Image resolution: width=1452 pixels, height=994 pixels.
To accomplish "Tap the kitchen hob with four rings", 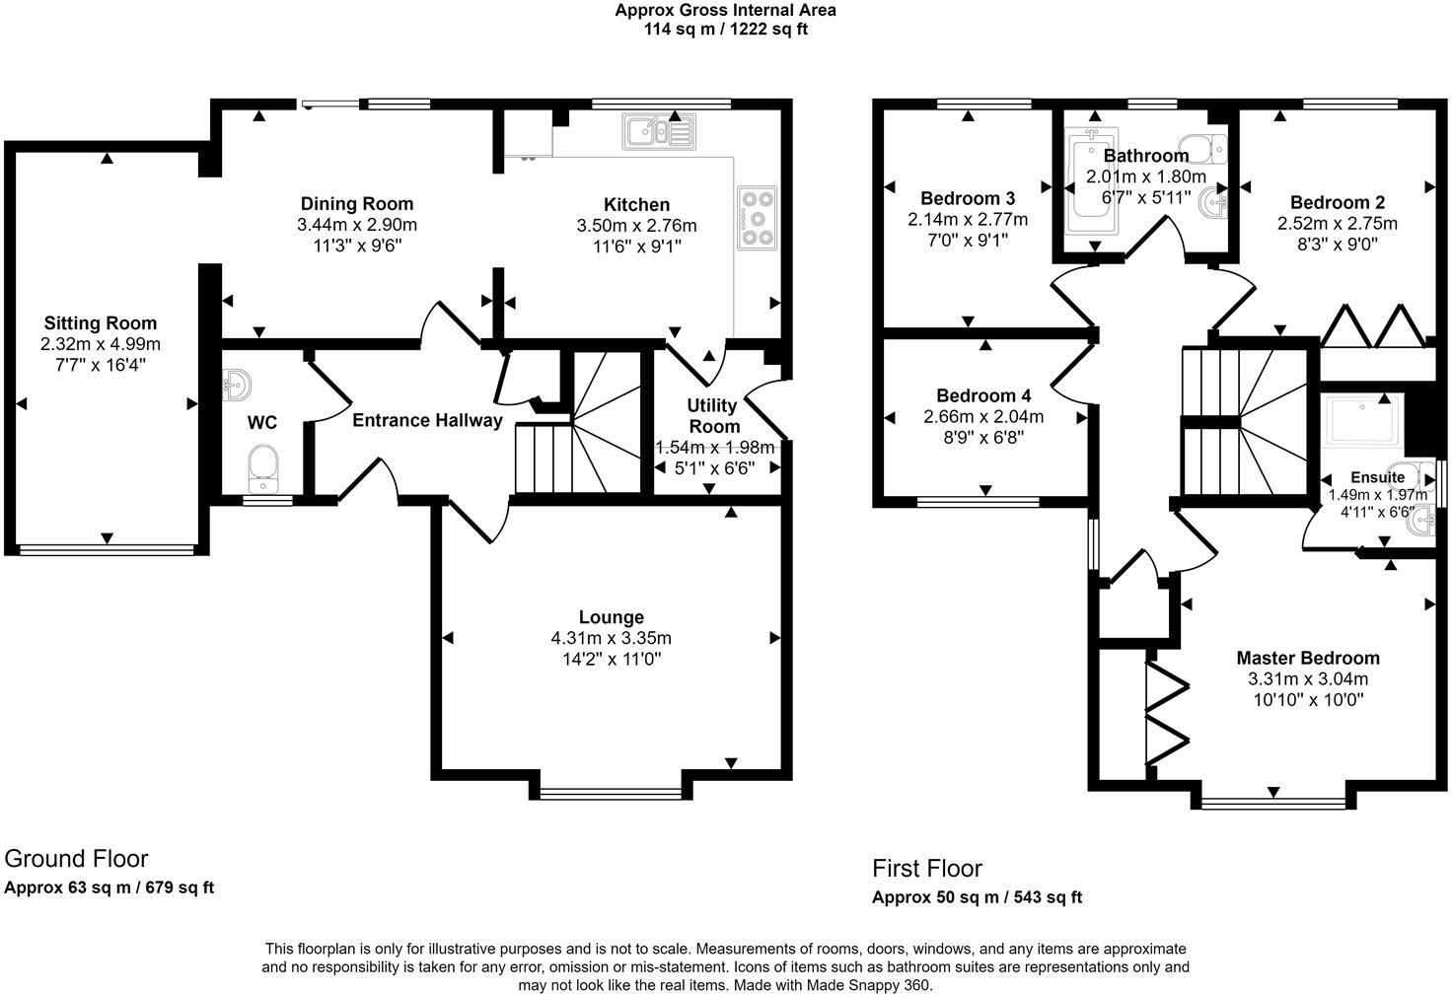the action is [x=757, y=217].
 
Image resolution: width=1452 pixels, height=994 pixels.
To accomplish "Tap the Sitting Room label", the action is [x=100, y=323].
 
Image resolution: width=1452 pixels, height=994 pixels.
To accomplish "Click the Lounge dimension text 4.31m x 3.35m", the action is [x=612, y=638].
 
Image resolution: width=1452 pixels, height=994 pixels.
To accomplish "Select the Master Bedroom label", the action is [x=1308, y=658].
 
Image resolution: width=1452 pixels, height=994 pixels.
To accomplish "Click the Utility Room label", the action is [x=713, y=416].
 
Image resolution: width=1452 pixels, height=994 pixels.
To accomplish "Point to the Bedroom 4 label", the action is [x=983, y=396].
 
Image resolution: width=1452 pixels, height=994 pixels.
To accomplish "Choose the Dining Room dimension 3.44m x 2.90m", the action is [x=356, y=225].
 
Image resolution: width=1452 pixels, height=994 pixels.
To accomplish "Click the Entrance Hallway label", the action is [x=427, y=421].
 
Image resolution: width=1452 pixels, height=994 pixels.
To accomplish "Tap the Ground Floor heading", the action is [x=76, y=858].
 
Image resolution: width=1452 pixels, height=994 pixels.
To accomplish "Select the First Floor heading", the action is [x=926, y=868].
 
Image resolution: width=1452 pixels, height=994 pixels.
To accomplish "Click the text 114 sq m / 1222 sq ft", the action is [x=726, y=29].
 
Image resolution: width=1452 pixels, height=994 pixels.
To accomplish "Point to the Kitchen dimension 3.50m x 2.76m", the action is [x=636, y=226].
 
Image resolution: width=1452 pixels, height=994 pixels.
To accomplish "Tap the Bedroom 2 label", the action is [x=1337, y=203].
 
